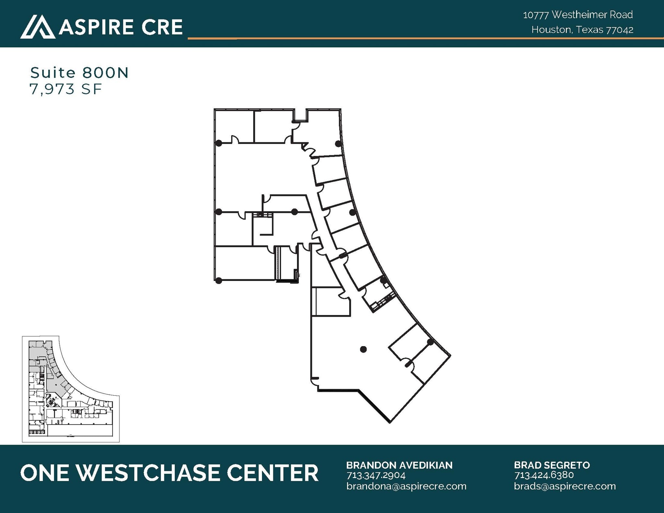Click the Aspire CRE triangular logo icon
coord(37,27)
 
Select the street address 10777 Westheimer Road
coord(577,15)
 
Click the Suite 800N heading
coord(79,73)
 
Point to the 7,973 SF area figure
coord(66,89)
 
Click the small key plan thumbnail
coord(71,389)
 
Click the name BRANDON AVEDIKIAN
coord(399,465)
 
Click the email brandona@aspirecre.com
coord(406,486)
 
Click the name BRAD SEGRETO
coord(551,465)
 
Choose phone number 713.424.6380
coord(544,475)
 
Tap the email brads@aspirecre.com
coord(564,486)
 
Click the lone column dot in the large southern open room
coord(363,349)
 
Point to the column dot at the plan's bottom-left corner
coord(219,280)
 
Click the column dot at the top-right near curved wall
coord(338,144)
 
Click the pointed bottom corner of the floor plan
coord(389,422)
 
